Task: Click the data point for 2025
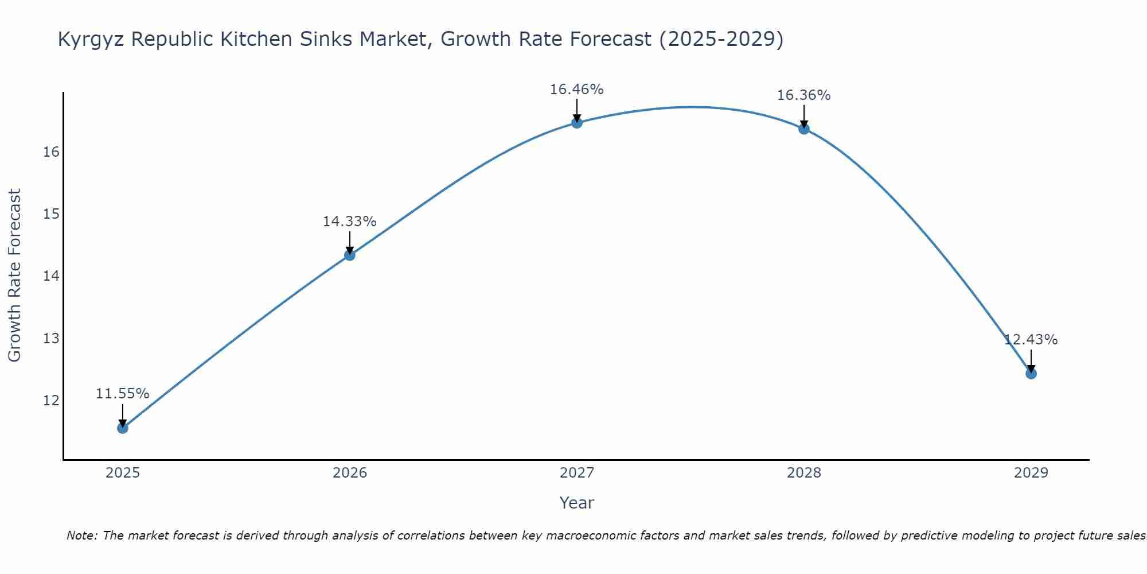click(x=123, y=428)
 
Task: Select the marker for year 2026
click(x=350, y=255)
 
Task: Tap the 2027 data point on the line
click(x=577, y=123)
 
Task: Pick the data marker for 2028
click(x=804, y=129)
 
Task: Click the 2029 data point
click(x=1031, y=374)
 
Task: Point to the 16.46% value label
click(x=576, y=90)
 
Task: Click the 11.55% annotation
click(x=122, y=394)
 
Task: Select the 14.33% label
click(x=349, y=222)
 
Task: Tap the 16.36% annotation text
click(x=803, y=95)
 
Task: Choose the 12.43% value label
click(x=1031, y=340)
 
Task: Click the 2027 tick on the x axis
click(x=577, y=473)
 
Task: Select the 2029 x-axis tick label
click(x=1031, y=473)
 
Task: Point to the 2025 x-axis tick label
click(x=123, y=473)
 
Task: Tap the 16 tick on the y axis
click(x=51, y=152)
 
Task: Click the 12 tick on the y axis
click(x=51, y=400)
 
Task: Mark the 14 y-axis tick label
click(x=51, y=276)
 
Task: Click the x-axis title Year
click(x=576, y=503)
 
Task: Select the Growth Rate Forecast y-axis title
click(x=15, y=276)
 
